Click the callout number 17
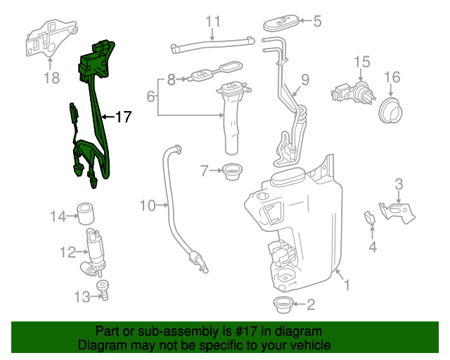point(123,117)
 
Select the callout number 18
point(51,78)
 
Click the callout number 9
point(305,79)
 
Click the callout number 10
point(147,206)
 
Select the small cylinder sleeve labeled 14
point(86,212)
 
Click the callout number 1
point(345,285)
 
